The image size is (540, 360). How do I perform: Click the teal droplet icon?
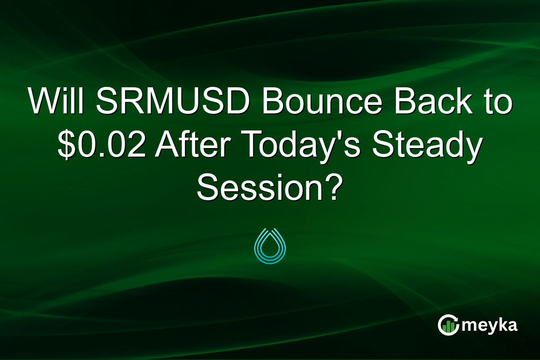[x=270, y=246]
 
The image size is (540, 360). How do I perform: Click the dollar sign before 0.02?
[x=67, y=147]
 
